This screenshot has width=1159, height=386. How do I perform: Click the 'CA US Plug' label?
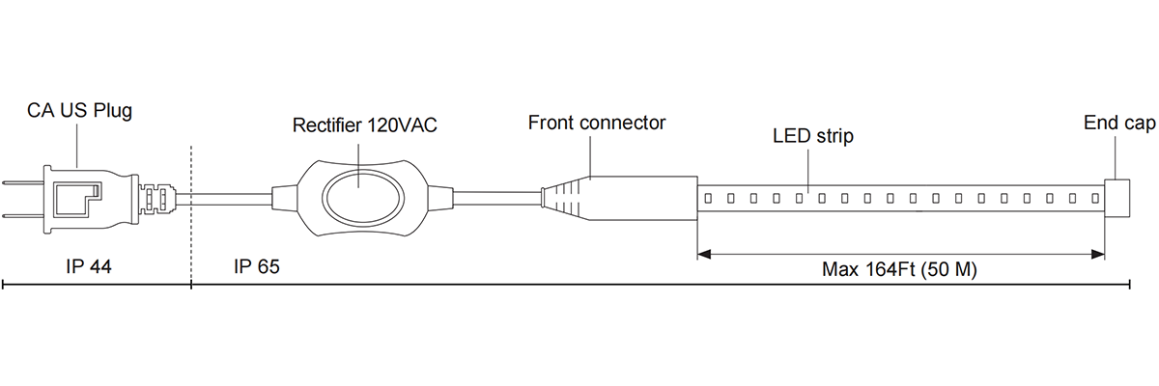(79, 112)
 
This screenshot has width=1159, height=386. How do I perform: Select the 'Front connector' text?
(597, 124)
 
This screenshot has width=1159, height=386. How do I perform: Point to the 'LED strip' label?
(813, 136)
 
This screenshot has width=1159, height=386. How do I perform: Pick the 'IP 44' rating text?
(90, 266)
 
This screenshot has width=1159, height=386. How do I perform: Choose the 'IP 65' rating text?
(256, 266)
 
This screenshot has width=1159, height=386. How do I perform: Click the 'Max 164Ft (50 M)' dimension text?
(899, 270)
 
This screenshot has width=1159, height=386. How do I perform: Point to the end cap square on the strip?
(1117, 198)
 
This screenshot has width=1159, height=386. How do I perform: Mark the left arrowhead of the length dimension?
(704, 255)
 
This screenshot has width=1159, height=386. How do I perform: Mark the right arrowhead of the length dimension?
(1098, 255)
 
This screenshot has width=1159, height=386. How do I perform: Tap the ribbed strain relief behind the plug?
(156, 199)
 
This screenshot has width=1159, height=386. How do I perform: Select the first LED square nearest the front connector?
(708, 199)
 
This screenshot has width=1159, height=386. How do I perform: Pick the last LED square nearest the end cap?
(1094, 199)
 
